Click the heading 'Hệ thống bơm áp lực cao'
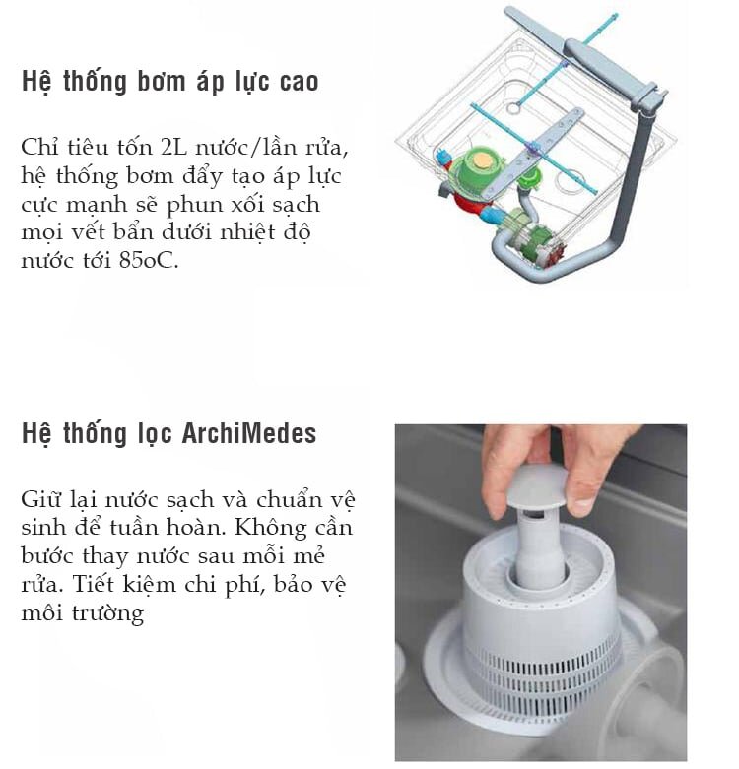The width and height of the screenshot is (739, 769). (x=169, y=82)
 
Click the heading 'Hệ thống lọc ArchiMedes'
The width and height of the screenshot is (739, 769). (x=169, y=435)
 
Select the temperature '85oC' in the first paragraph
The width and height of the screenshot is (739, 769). (x=150, y=263)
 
